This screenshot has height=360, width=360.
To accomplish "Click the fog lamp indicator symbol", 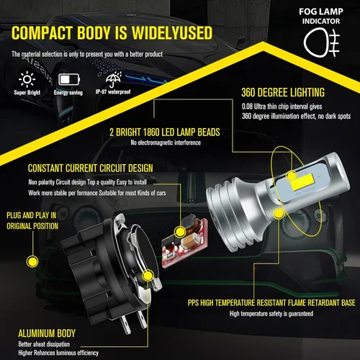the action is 322,42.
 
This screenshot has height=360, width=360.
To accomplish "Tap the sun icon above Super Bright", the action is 27,79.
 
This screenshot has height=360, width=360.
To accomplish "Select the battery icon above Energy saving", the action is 69,79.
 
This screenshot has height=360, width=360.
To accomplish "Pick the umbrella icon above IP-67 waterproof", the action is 114,79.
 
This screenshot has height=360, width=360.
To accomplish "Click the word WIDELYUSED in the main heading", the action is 172,32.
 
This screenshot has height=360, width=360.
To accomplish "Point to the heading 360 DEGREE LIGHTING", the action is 283,92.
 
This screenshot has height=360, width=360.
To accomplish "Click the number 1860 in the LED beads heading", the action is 151,132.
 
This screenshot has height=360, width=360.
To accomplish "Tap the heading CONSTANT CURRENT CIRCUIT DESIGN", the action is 90,168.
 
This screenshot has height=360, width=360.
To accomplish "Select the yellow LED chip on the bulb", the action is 302,181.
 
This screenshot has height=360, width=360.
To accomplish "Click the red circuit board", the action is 185,243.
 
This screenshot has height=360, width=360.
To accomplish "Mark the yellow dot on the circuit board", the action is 179,232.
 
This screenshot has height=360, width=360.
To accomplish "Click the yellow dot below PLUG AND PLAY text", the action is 32,261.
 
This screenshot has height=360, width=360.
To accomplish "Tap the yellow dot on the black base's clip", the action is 148,276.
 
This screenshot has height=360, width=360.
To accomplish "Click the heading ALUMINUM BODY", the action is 47,333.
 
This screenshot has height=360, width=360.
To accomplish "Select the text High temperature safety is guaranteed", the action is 271,314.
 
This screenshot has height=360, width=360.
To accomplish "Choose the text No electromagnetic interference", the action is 166,143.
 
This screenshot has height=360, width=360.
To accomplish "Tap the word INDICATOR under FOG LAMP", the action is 321,21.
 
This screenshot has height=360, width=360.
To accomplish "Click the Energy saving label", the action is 68,93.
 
